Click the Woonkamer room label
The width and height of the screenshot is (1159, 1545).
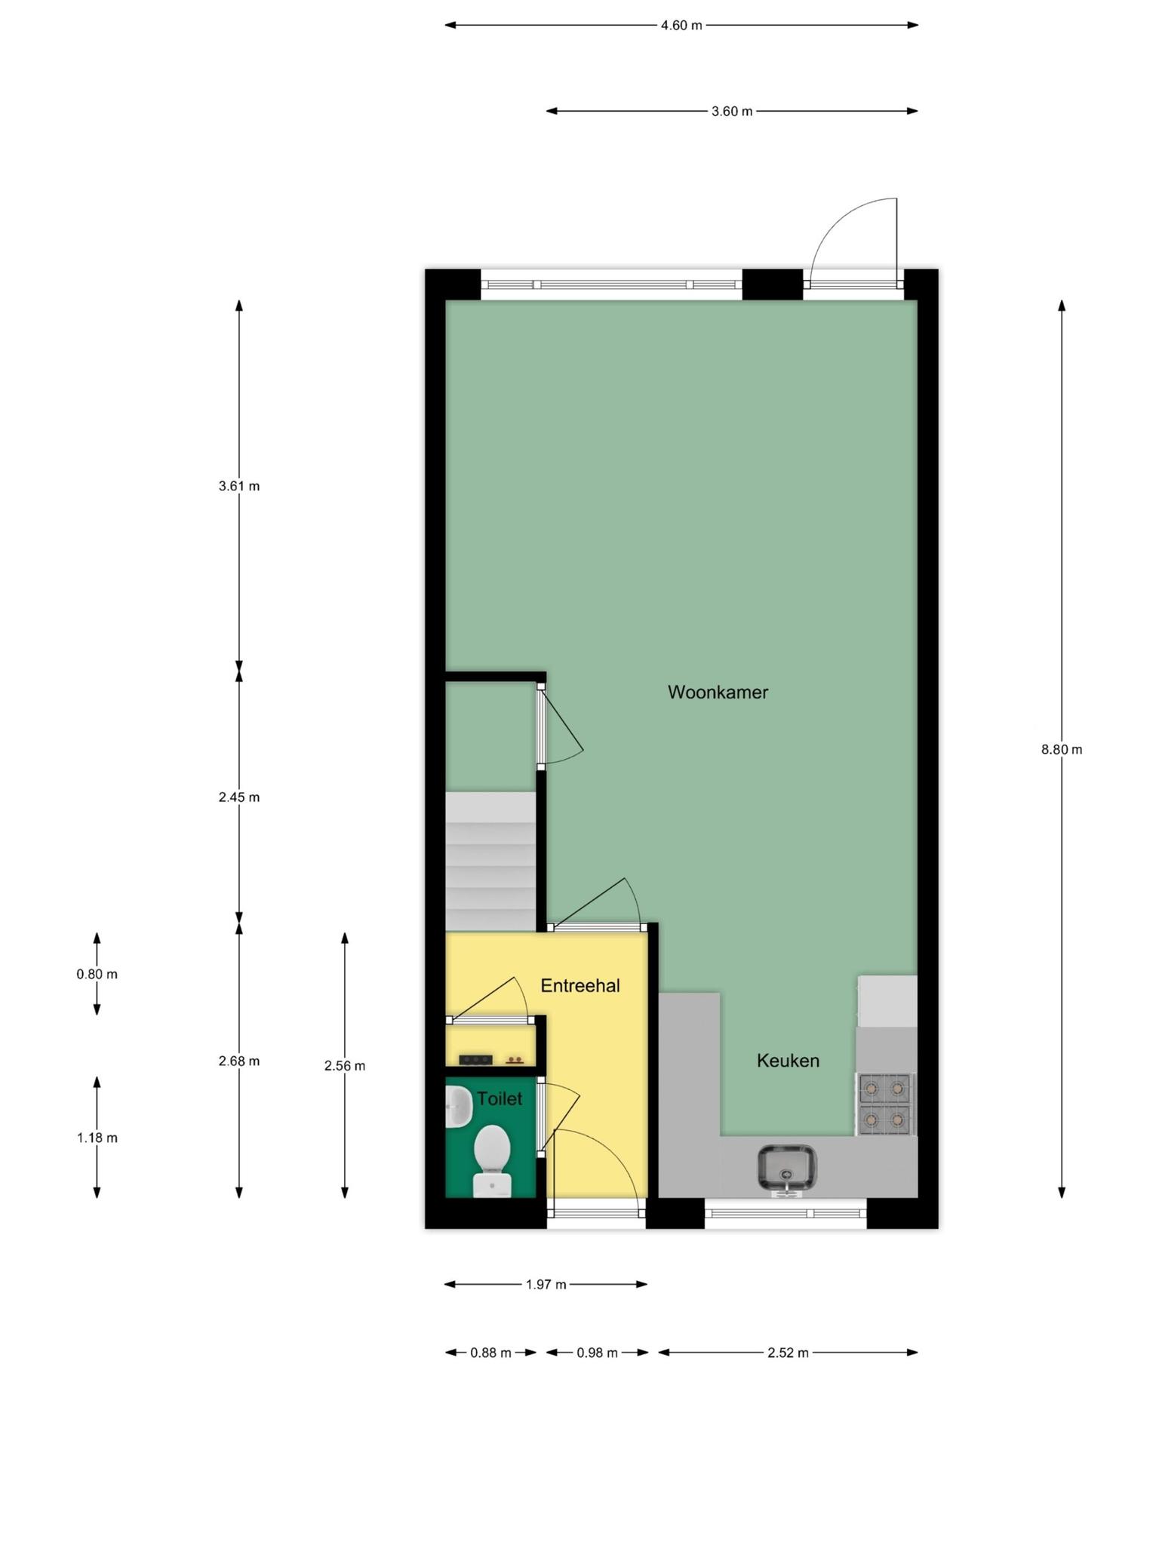(718, 692)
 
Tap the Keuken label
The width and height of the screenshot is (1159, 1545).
(788, 1061)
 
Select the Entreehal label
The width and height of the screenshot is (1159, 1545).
(580, 985)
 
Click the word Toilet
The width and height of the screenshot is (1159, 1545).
(500, 1098)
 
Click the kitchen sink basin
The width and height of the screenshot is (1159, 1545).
(787, 1167)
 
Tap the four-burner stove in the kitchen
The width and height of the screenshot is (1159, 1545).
(885, 1104)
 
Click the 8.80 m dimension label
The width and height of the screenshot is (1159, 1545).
(1062, 750)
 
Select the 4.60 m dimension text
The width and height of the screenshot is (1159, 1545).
(681, 26)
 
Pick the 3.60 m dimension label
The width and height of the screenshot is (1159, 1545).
(732, 112)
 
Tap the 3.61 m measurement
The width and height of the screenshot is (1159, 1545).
(239, 487)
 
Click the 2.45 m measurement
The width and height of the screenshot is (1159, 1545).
(239, 797)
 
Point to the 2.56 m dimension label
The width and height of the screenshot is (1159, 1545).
(345, 1066)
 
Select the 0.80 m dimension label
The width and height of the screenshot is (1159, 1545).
(97, 975)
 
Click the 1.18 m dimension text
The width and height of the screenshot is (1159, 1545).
(97, 1138)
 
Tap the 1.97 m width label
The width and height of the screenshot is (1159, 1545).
(546, 1285)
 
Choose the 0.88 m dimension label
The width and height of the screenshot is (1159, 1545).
(491, 1353)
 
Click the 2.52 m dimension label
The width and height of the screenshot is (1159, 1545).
(789, 1353)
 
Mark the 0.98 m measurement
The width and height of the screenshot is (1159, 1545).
(598, 1353)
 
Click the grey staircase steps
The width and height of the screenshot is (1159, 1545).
(490, 861)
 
